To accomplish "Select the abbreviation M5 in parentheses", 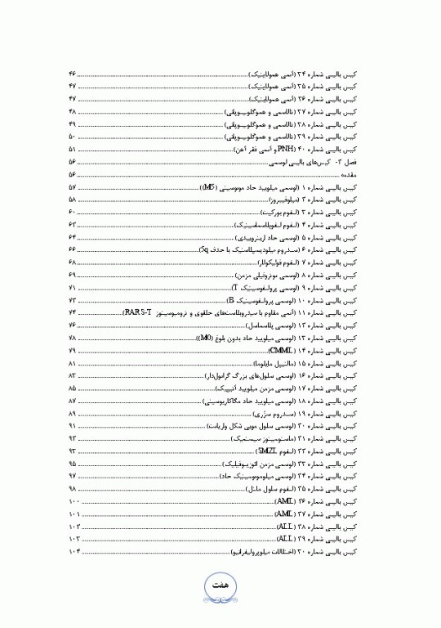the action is tap(208, 187).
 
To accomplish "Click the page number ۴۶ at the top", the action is tap(73, 74).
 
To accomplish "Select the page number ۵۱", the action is tap(73, 150).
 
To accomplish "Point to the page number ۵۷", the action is tap(73, 187).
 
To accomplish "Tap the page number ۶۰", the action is tap(73, 212).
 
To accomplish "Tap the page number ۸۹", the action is tap(73, 414).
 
